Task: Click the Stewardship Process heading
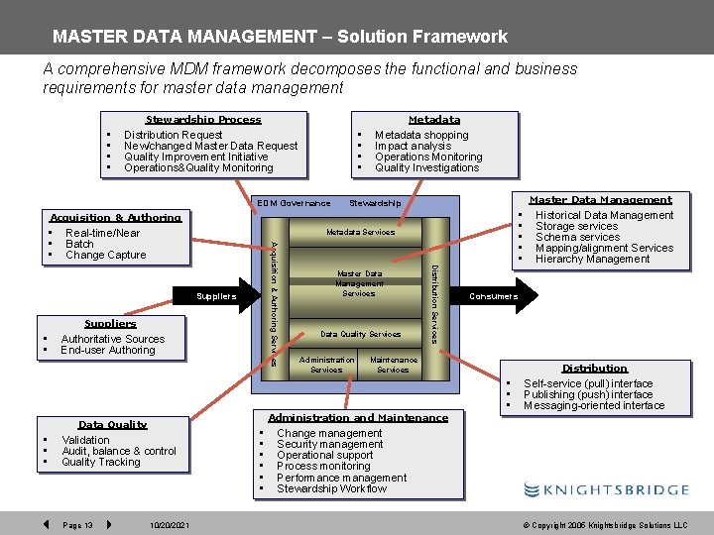pyautogui.click(x=203, y=120)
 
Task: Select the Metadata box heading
pyautogui.click(x=433, y=120)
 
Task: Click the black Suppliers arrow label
pyautogui.click(x=216, y=296)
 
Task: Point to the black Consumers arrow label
pyautogui.click(x=493, y=296)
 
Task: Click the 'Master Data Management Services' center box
pyautogui.click(x=359, y=283)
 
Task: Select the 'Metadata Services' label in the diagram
pyautogui.click(x=360, y=233)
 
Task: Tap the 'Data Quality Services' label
pyautogui.click(x=360, y=334)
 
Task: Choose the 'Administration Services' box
pyautogui.click(x=326, y=365)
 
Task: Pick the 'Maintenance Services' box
pyautogui.click(x=394, y=365)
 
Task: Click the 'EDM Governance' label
pyautogui.click(x=294, y=203)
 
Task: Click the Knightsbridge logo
pyautogui.click(x=606, y=489)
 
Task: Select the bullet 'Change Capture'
pyautogui.click(x=105, y=255)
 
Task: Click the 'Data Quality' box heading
pyautogui.click(x=112, y=424)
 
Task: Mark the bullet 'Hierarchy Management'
pyautogui.click(x=592, y=259)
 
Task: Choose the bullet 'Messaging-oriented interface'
pyautogui.click(x=594, y=405)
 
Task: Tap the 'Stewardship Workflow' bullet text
pyautogui.click(x=332, y=488)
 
